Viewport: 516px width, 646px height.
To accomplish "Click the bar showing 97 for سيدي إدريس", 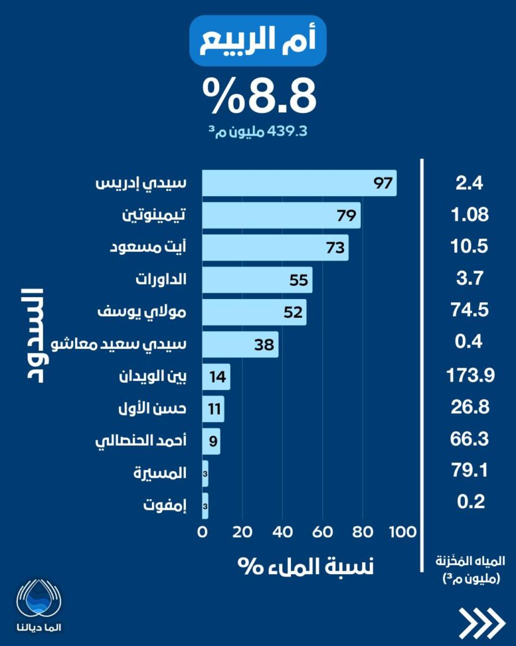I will click(299, 183).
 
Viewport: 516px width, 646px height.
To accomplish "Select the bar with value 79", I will click(281, 215).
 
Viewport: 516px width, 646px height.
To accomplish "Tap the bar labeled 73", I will click(275, 247).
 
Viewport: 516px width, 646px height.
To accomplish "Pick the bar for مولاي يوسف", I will click(254, 312).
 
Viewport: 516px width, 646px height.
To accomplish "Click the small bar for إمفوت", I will click(205, 506).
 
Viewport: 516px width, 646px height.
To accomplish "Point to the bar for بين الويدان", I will click(216, 377).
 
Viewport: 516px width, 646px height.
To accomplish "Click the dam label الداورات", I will click(161, 279).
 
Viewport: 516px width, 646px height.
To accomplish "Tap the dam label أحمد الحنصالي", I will click(140, 441).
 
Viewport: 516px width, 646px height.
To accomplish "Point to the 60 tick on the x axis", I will click(323, 532).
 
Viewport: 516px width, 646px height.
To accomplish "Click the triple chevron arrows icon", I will click(482, 623).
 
